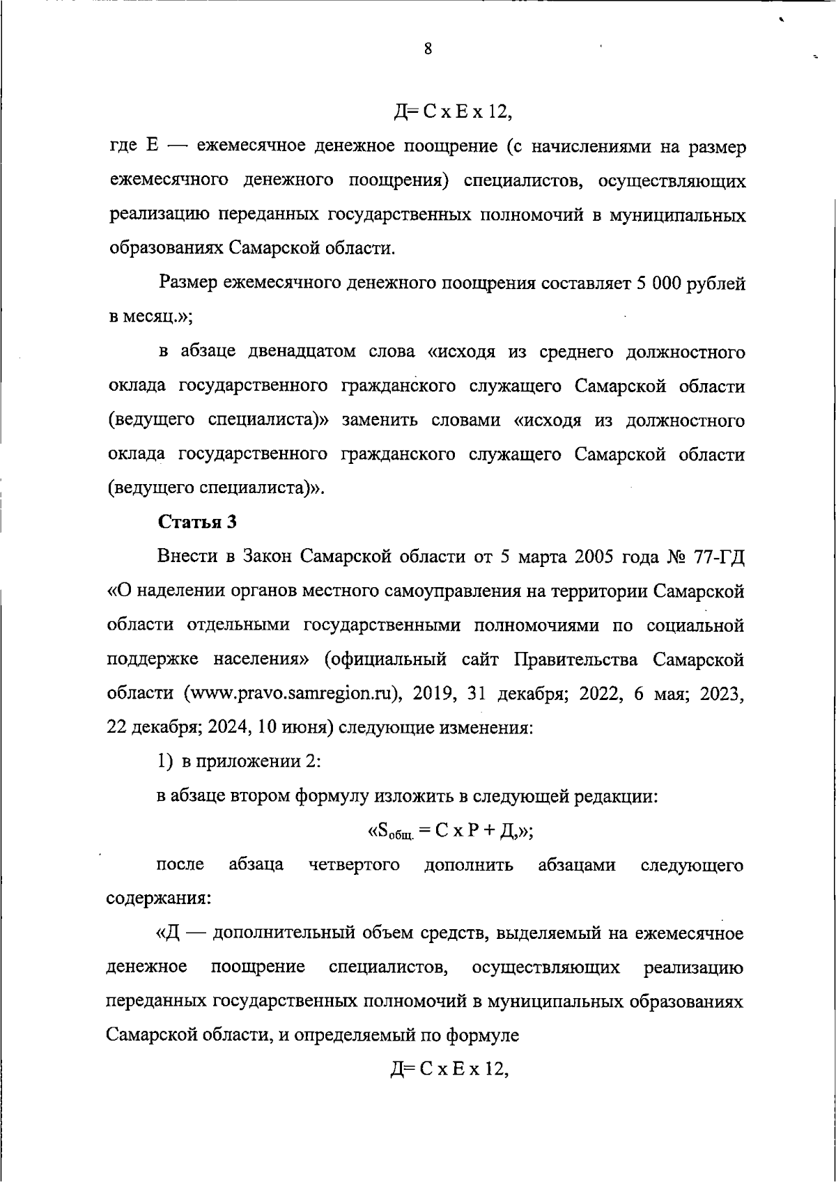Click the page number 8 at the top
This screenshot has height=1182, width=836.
click(x=427, y=49)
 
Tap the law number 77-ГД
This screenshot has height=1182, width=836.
click(x=717, y=557)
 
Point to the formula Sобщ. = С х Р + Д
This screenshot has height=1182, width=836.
click(x=449, y=830)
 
